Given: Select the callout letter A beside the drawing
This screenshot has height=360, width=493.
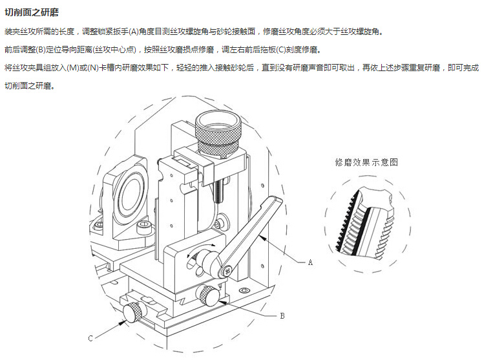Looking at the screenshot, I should click(x=310, y=262).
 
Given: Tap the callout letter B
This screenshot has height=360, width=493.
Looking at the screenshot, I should click(x=282, y=316).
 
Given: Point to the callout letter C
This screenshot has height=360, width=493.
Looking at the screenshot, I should click(x=90, y=337).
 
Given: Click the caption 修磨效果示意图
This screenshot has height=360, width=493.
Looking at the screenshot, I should click(x=366, y=162).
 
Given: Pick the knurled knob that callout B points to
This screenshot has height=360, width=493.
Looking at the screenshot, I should click(x=208, y=296).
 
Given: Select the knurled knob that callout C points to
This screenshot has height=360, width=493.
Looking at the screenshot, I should click(x=132, y=313).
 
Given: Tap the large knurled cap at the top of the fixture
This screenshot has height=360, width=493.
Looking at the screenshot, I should click(x=220, y=127).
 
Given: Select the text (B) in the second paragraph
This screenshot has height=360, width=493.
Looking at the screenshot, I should click(x=47, y=49).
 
